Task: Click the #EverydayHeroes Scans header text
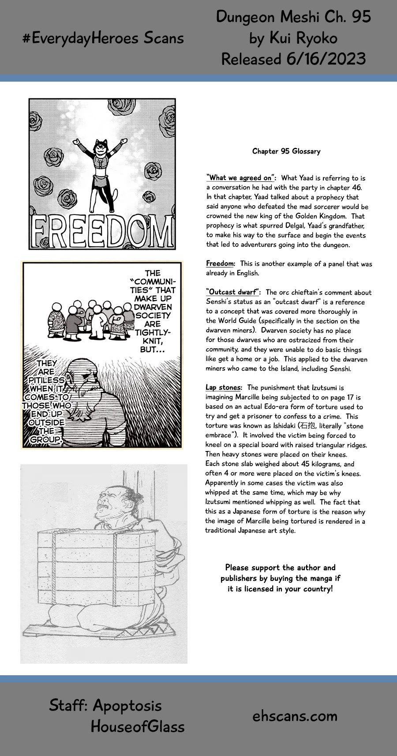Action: (x=103, y=38)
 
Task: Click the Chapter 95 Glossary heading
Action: (x=286, y=151)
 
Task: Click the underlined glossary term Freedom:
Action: (x=220, y=263)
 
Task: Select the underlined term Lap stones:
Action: (x=223, y=387)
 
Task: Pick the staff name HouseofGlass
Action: (x=137, y=726)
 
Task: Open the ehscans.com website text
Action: (x=295, y=716)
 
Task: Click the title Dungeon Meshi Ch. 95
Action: (x=293, y=17)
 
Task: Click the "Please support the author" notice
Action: (x=280, y=578)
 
